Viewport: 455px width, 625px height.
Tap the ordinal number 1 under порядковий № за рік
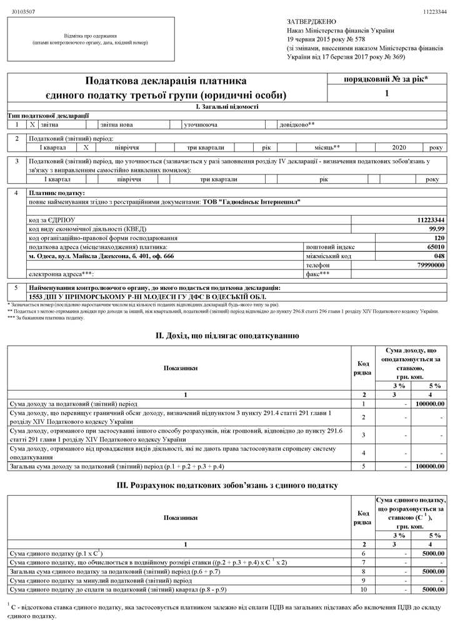[387, 94]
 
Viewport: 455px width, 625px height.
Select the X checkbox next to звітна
[32, 124]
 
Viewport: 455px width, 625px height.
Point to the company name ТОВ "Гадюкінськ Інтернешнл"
[251, 202]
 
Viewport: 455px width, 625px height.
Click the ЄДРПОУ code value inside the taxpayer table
[431, 220]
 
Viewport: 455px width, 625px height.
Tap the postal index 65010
[434, 247]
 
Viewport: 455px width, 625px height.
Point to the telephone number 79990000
[431, 265]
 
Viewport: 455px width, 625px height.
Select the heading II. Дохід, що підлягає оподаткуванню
[227, 336]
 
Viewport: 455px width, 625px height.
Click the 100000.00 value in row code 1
[429, 404]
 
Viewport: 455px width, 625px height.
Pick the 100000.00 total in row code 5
[429, 466]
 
